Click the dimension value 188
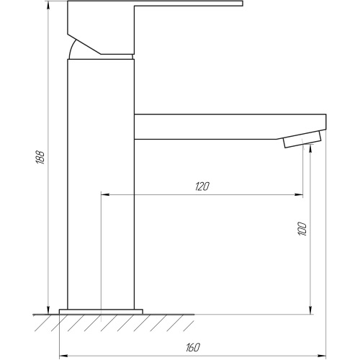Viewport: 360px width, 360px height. (x=40, y=158)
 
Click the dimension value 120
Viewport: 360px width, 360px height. (x=202, y=186)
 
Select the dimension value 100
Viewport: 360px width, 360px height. (x=302, y=229)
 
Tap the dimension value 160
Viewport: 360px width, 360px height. (x=193, y=348)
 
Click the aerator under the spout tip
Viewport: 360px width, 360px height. (x=302, y=139)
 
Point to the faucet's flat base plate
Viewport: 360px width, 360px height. (x=101, y=312)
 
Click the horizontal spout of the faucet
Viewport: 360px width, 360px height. (x=230, y=127)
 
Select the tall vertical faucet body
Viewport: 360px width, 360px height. (x=101, y=184)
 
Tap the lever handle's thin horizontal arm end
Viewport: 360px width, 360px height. (x=242, y=4)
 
